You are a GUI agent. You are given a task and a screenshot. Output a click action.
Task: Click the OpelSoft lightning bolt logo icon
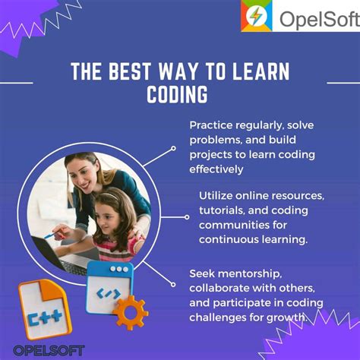point(257,16)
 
